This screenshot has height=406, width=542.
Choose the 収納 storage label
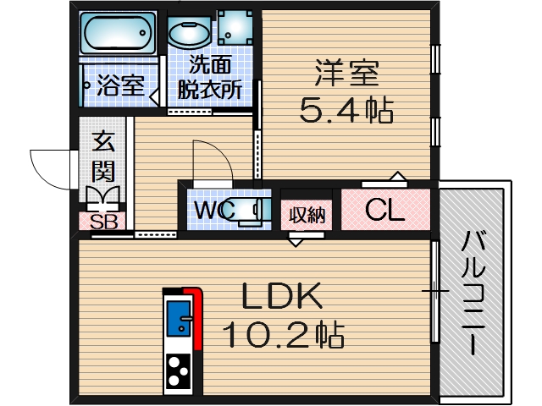306,215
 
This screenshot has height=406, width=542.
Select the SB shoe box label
103,222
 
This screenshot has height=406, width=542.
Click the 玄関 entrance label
103,156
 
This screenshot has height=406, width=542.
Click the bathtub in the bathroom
119,34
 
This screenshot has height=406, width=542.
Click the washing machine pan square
234,28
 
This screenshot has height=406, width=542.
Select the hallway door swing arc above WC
212,161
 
